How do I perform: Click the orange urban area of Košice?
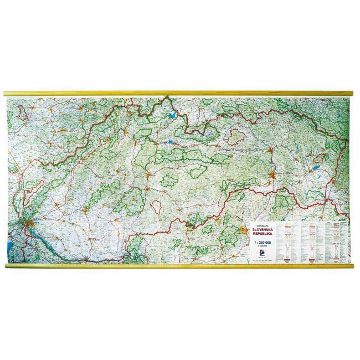pos(271,177)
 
